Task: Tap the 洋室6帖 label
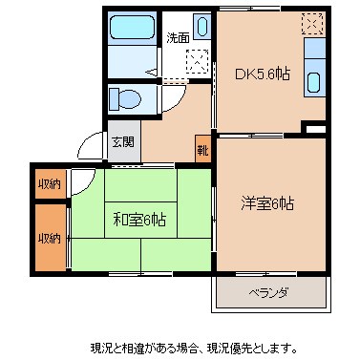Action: pos(266,202)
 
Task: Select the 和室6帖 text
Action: pos(139,220)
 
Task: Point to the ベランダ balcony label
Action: pos(269,291)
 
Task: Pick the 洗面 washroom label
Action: pos(178,39)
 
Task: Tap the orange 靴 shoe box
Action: pos(202,149)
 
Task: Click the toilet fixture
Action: pos(125,98)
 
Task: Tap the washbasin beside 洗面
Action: pos(203,26)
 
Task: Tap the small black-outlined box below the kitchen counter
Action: pos(314,127)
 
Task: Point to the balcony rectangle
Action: pos(270,291)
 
